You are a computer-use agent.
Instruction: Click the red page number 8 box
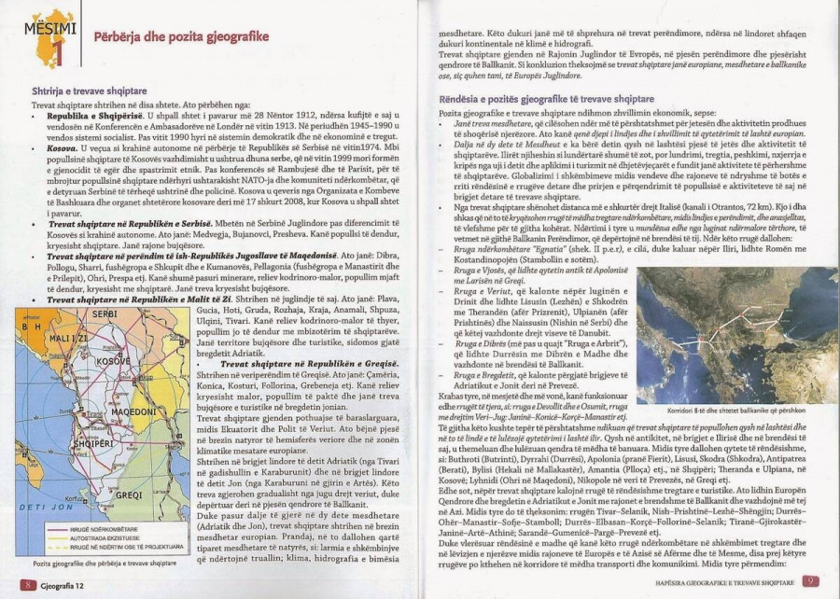(29, 583)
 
